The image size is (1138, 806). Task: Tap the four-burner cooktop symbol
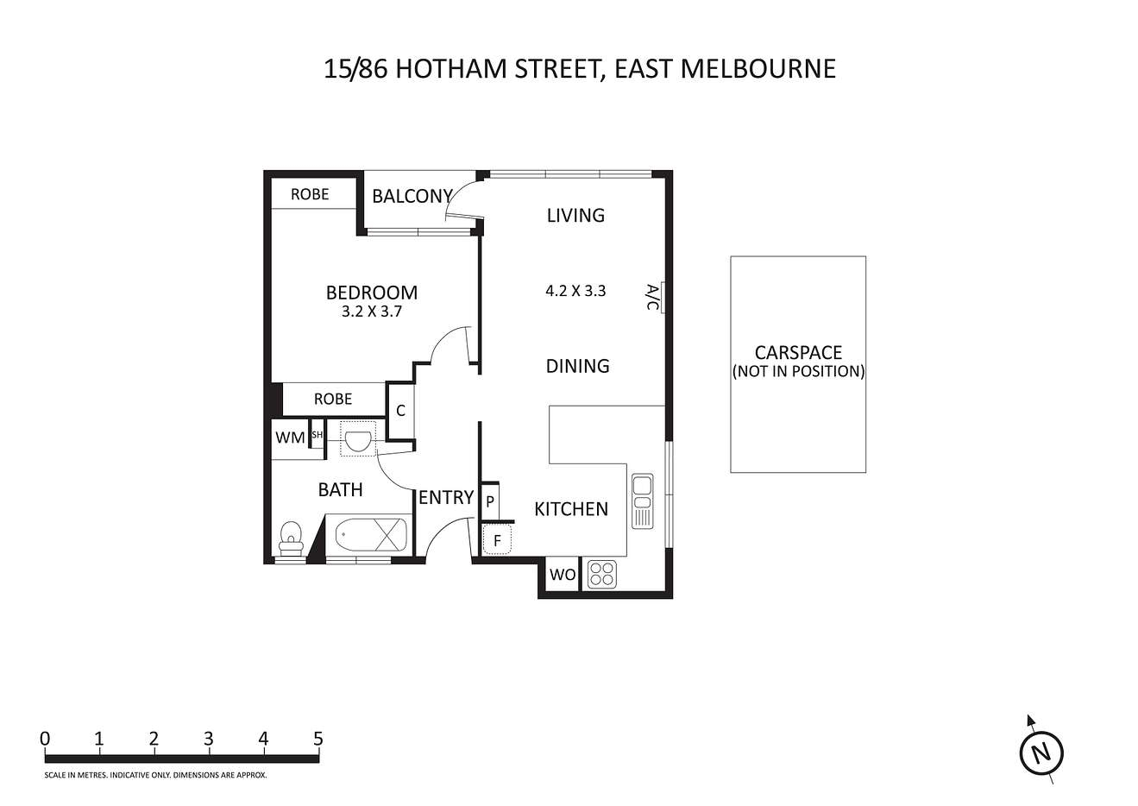coord(602,574)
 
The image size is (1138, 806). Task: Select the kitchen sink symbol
coord(642,501)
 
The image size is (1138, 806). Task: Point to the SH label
coord(317,435)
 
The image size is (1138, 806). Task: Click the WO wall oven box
coord(562,575)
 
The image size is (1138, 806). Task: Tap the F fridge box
coord(497,539)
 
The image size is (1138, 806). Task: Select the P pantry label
coord(490,502)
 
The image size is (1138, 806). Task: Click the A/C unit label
coord(653,298)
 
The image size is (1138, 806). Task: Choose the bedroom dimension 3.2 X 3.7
coord(371,311)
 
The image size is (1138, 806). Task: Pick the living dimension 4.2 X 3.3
coord(575,291)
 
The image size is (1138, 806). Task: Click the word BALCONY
coord(412,196)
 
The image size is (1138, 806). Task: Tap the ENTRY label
coord(445,498)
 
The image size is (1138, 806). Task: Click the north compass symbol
coord(1041,753)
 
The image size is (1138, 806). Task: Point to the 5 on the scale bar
coord(318,739)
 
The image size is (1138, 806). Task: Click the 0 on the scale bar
coord(45,739)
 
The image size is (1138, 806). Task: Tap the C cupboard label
coord(400,411)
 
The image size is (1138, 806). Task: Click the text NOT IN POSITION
coord(798,371)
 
